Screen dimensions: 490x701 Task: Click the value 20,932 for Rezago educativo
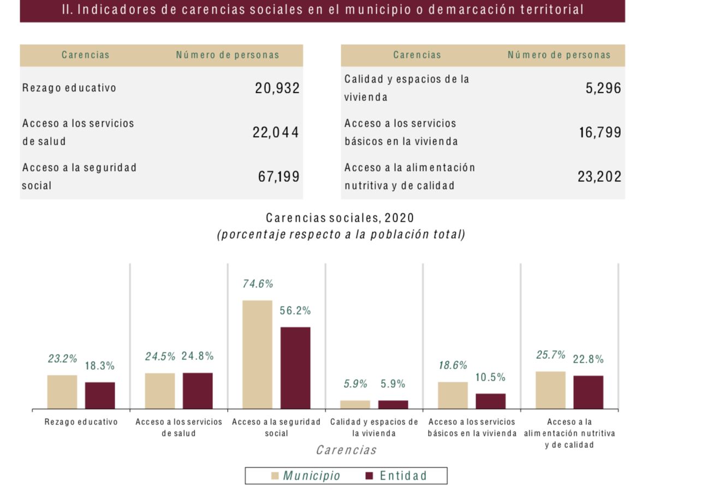pos(277,88)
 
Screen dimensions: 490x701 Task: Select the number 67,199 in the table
pos(278,177)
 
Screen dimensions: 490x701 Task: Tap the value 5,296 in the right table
pos(603,88)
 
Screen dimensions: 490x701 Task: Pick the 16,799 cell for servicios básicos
pos(600,133)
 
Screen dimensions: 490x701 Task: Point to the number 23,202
pos(599,177)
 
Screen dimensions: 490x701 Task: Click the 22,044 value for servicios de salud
pos(276,133)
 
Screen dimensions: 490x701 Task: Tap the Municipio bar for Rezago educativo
pos(62,392)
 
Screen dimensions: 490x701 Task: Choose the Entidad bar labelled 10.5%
pos(490,401)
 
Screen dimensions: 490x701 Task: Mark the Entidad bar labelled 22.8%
pos(588,392)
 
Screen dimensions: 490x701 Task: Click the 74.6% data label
pos(258,284)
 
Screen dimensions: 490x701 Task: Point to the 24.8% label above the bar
pos(198,356)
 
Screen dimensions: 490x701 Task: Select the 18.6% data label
pos(453,365)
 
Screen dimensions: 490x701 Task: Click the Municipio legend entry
pos(306,476)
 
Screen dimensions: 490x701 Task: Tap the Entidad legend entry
pos(396,476)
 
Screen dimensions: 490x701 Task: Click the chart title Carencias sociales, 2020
pos(340,218)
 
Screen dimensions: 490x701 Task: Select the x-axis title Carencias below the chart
pos(346,450)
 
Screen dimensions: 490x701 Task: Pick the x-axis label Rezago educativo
pos(81,422)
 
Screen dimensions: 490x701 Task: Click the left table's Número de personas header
pos(227,55)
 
